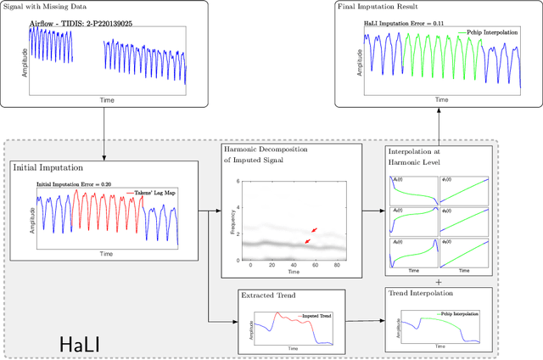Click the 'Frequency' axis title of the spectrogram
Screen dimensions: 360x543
pyautogui.click(x=233, y=220)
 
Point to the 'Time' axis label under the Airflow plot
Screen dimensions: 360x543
pyautogui.click(x=107, y=99)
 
